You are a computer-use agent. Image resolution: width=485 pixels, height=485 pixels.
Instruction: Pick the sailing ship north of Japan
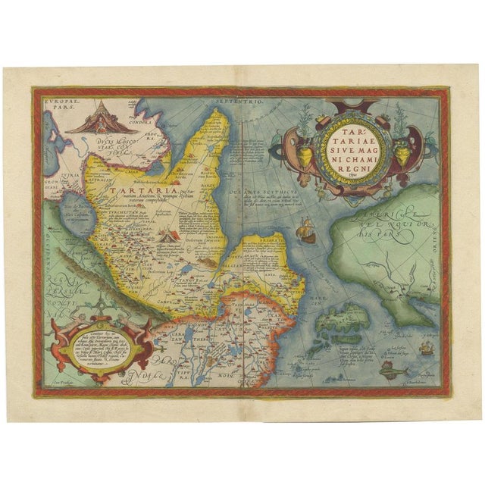(x=306, y=229)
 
